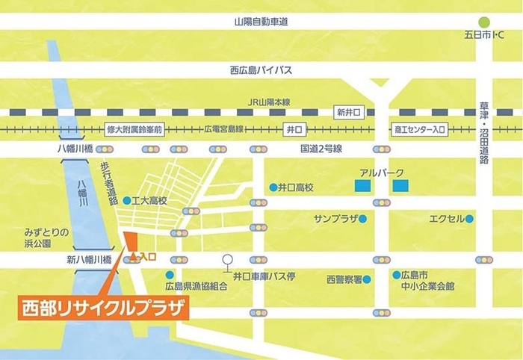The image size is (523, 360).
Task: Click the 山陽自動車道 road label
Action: (x=260, y=22)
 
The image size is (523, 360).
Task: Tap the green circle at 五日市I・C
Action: (x=486, y=22)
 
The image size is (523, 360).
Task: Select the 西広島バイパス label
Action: (x=261, y=70)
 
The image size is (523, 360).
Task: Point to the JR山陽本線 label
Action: (x=268, y=102)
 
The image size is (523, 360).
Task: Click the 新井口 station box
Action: (x=349, y=112)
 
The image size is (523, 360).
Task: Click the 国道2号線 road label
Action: (x=321, y=149)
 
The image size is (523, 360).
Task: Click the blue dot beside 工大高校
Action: (x=128, y=200)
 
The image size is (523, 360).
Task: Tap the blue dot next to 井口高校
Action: (x=273, y=187)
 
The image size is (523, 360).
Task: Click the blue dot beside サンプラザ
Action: (x=362, y=220)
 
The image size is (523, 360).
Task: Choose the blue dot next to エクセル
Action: (x=469, y=220)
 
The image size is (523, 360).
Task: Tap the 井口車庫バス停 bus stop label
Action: (x=264, y=276)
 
